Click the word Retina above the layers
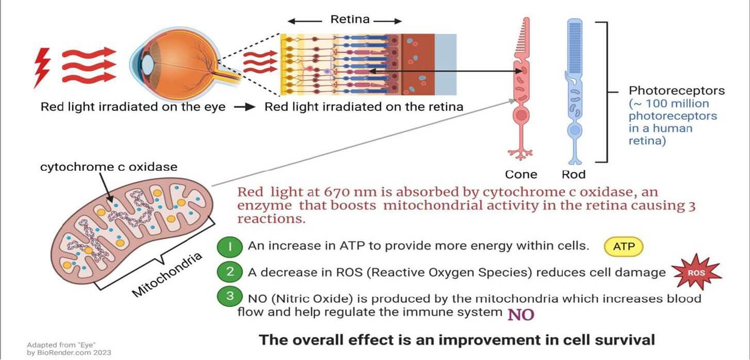(x=350, y=20)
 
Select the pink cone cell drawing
(x=522, y=88)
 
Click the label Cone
(x=521, y=174)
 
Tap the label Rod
(x=574, y=174)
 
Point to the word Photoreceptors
(x=676, y=91)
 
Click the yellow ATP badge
(x=623, y=247)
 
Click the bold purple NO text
(x=520, y=314)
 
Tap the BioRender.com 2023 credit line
(x=69, y=353)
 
